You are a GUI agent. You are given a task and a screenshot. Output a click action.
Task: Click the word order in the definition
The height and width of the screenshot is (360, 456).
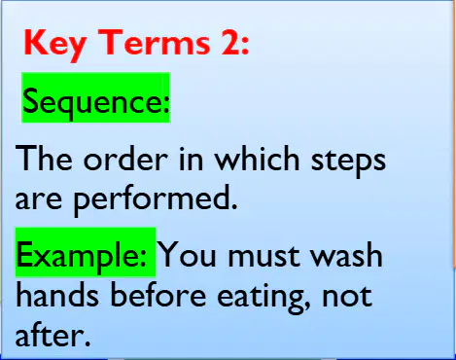(125, 159)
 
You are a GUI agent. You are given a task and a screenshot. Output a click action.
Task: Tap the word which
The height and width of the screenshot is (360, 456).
(258, 159)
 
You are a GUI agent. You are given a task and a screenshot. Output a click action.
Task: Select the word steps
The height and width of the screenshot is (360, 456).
(348, 162)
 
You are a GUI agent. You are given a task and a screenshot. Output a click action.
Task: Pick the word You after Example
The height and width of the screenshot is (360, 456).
(188, 255)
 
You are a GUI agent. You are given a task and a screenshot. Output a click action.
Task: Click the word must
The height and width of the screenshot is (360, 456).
(263, 256)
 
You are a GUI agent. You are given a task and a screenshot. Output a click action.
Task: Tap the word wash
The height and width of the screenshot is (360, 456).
(347, 255)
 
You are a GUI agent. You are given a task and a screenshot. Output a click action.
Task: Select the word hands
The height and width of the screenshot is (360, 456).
(57, 294)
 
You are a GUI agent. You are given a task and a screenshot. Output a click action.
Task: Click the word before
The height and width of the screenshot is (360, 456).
(158, 294)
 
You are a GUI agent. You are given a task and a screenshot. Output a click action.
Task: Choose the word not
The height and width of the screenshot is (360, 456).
(347, 296)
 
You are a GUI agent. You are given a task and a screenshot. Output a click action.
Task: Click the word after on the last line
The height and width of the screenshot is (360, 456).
(53, 335)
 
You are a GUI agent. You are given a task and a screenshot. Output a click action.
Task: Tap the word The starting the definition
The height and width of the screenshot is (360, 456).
(44, 159)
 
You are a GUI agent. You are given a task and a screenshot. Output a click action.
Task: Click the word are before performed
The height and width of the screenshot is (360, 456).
(38, 199)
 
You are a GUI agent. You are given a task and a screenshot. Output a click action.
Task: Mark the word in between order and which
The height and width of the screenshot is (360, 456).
(192, 159)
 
